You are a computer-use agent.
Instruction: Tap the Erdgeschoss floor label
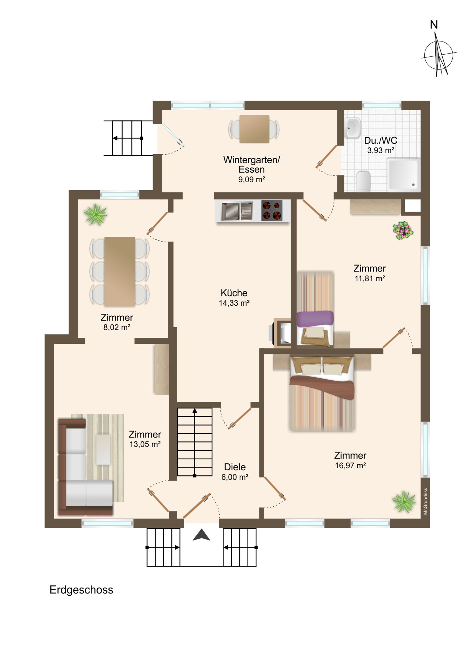[x=81, y=590]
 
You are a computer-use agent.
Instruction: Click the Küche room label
[x=234, y=293]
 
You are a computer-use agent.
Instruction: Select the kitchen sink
[x=237, y=211]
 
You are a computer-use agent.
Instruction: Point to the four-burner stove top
[x=272, y=211]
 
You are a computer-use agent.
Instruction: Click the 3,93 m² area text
[x=381, y=150]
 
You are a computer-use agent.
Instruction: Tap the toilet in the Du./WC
[x=363, y=181]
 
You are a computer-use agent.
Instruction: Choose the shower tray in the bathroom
[x=404, y=174]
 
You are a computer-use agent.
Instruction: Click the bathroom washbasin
[x=353, y=128]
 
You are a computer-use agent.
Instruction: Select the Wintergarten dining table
[x=254, y=129]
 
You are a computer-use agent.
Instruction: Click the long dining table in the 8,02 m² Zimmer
[x=119, y=271]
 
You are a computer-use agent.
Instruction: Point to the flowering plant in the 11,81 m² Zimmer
[x=403, y=230]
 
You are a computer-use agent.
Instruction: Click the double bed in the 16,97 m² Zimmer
[x=322, y=394]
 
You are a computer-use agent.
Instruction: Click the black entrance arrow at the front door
[x=202, y=535]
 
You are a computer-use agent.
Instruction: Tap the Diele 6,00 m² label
[x=235, y=472]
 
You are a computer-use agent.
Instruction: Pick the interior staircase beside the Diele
[x=195, y=442]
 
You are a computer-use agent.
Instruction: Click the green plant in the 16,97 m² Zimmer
[x=404, y=501]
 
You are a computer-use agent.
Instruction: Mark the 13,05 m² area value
[x=145, y=444]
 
